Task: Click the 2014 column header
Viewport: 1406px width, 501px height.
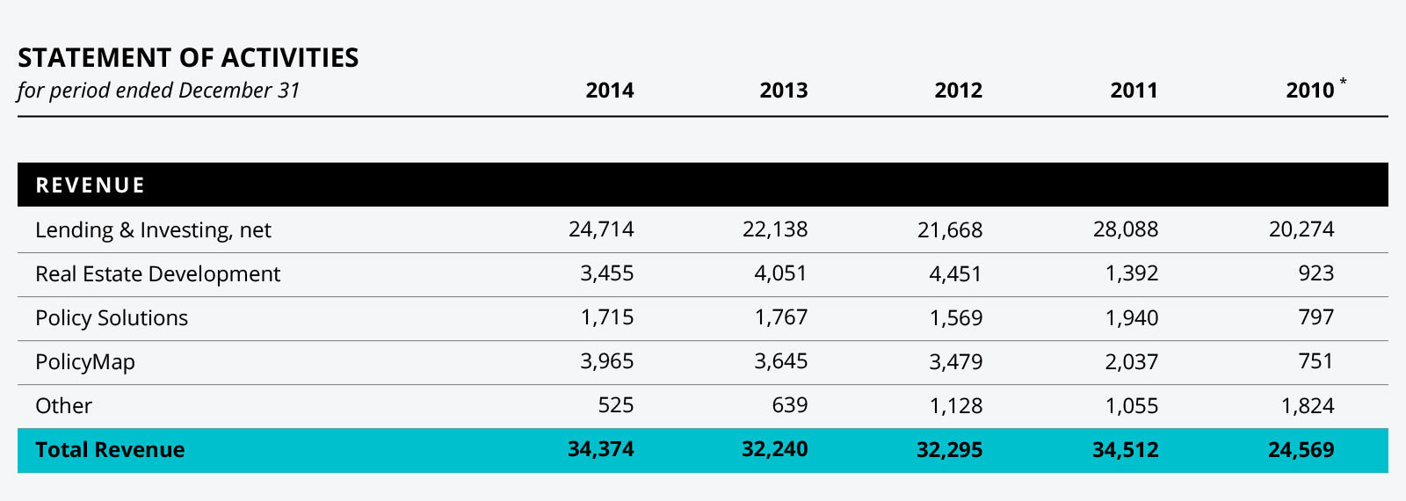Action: coord(609,91)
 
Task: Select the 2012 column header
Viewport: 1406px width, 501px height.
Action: coord(958,91)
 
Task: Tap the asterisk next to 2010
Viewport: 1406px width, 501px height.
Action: coord(1343,82)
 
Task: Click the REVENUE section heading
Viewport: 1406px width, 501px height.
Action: coord(91,185)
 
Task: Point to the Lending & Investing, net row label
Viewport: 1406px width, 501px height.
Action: coord(153,230)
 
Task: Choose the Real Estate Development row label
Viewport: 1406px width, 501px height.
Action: coord(157,274)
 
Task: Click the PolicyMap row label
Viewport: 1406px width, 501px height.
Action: coord(85,362)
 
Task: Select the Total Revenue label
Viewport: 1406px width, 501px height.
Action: coord(110,450)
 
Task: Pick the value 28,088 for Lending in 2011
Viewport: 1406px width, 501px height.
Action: coord(1126,230)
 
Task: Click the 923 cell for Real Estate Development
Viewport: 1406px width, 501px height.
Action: coord(1315,274)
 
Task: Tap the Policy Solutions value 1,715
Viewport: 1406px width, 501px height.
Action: coord(607,318)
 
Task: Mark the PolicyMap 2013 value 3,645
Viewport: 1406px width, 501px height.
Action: coord(780,362)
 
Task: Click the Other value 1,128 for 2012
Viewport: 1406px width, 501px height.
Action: coord(956,406)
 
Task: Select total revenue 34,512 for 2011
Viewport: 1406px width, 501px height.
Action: coord(1126,450)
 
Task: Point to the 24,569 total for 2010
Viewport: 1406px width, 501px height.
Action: coord(1301,450)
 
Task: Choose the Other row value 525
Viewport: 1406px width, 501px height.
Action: coord(615,406)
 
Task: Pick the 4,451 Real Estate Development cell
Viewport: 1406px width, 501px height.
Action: coord(955,274)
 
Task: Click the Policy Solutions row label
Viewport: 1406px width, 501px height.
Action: coord(112,318)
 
